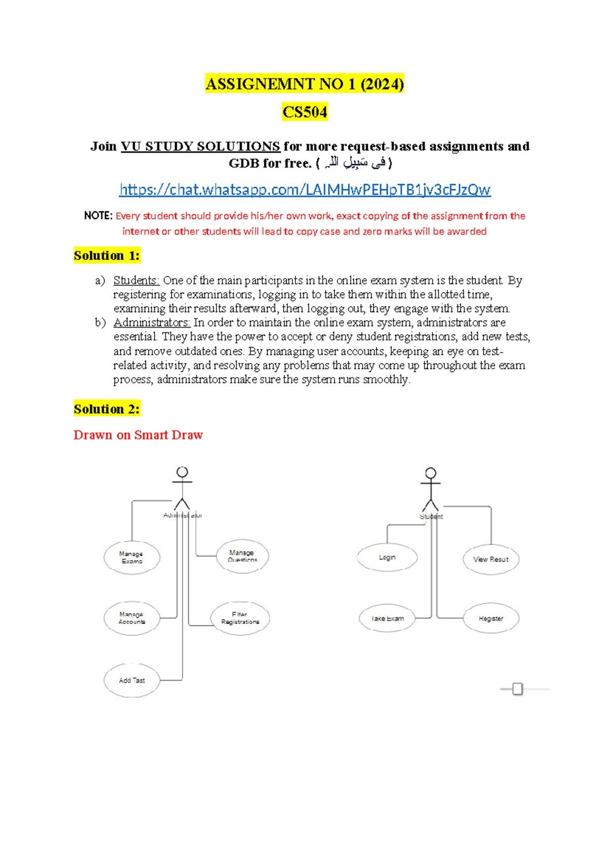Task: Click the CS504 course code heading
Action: pos(304,112)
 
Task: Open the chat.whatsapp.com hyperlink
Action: pos(304,190)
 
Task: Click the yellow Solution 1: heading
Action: pos(107,255)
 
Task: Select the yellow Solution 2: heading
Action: pos(107,409)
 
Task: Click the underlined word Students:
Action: pos(136,280)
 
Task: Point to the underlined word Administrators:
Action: pos(151,323)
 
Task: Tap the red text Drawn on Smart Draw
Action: pos(138,435)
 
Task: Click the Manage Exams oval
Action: pos(132,558)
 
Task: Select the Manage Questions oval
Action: pos(242,556)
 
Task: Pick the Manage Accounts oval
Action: pos(132,618)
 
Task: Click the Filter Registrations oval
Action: pos(240,618)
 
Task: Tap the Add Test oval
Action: pos(132,680)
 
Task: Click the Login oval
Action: pos(387,557)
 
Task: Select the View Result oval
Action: pos(491,559)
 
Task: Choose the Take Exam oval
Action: pos(387,619)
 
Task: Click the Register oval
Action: pos(491,619)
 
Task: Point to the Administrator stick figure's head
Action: pos(182,472)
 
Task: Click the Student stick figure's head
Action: pos(431,473)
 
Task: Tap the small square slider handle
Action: pos(517,689)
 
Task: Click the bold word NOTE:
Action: pos(98,216)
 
